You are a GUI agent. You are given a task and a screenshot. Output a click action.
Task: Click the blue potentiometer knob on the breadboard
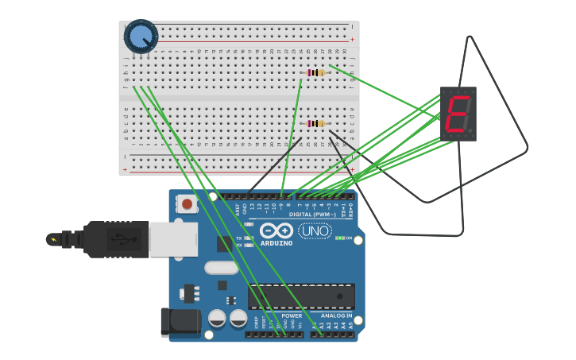pos(141,36)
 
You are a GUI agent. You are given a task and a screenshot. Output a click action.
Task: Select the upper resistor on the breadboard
pos(316,72)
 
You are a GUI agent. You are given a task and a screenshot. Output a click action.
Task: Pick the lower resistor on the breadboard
pos(316,123)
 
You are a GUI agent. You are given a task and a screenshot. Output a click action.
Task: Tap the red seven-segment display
pos(458,114)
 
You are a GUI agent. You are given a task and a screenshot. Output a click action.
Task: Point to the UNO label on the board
pos(315,231)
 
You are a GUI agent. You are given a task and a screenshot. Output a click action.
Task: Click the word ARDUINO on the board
pos(276,243)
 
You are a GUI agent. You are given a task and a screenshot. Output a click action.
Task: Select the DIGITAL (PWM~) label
pos(311,215)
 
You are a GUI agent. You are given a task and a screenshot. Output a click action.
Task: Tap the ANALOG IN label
pos(336,315)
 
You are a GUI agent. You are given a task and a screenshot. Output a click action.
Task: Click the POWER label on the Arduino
pos(292,315)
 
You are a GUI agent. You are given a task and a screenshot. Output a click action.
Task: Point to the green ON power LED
pos(341,238)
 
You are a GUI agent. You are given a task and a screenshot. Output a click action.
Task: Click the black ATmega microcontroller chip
pos(301,296)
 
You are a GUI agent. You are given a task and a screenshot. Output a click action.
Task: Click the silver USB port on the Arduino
pos(173,239)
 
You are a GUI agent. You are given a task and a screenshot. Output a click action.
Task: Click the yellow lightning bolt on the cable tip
pos(54,239)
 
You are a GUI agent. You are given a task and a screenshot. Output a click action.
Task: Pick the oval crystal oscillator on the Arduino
pos(221,268)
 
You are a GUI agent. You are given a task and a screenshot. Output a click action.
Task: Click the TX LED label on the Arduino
pos(238,238)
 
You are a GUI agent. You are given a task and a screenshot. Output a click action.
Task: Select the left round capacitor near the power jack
pos(217,319)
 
